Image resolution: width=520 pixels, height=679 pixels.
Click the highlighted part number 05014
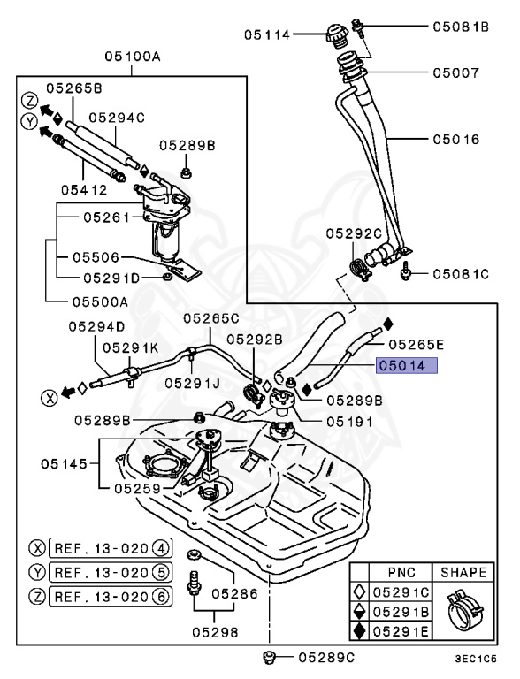(x=408, y=364)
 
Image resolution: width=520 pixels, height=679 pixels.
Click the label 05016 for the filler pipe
(x=455, y=139)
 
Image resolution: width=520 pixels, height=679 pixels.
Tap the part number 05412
(x=83, y=188)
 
